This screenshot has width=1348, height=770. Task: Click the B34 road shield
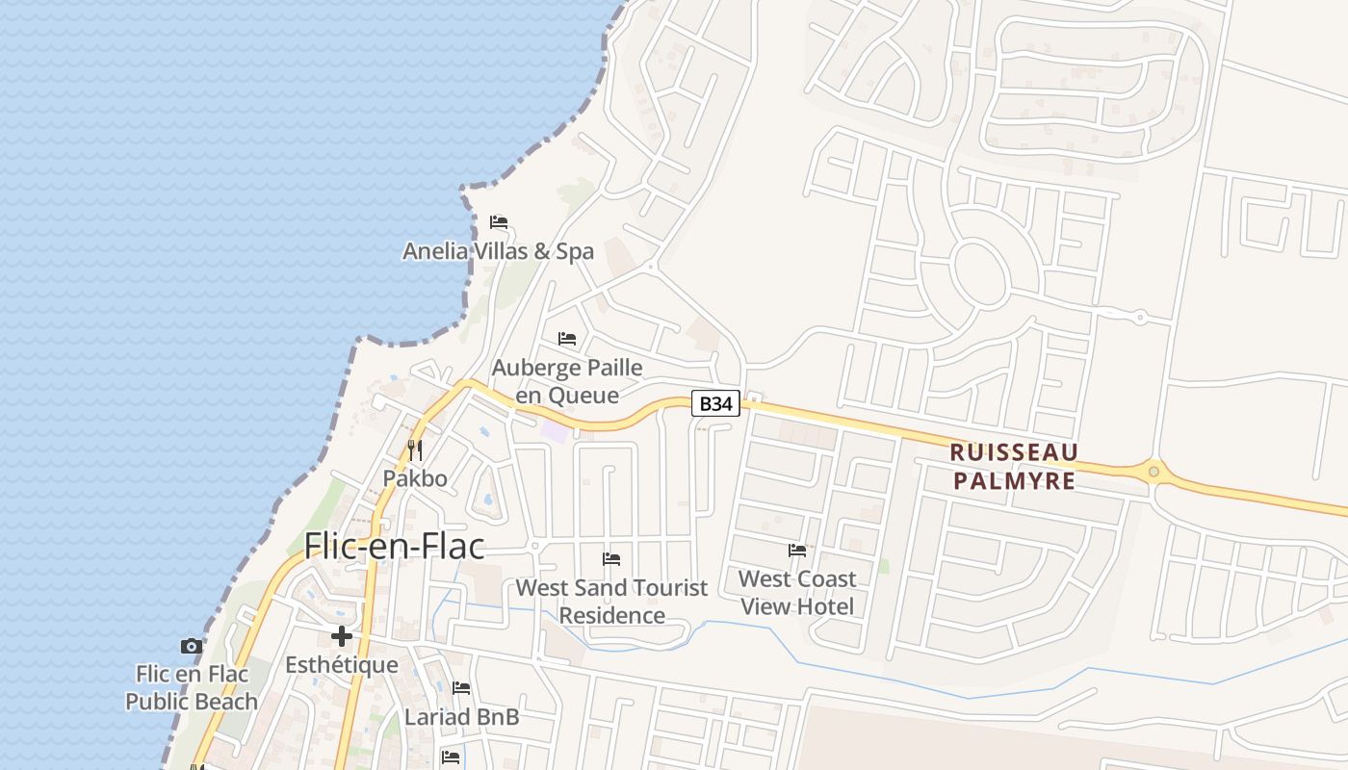715,404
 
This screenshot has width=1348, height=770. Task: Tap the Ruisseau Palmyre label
1013,466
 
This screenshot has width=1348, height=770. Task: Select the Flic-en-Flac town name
394,546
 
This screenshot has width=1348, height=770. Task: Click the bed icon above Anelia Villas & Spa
498,222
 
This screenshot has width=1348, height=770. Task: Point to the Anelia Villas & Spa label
498,251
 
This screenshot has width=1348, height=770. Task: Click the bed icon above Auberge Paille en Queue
567,339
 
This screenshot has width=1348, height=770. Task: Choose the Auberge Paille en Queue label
567,381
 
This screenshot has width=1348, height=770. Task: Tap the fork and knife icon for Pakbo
415,449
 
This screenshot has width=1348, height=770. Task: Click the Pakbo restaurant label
415,478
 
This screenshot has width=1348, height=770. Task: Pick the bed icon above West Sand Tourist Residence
611,559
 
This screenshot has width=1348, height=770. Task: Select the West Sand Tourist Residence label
611,602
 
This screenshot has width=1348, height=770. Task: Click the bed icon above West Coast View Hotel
797,551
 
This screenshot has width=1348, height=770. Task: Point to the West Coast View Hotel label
797,592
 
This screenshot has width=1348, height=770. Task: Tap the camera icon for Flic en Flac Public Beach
192,646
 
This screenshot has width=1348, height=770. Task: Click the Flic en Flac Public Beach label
192,687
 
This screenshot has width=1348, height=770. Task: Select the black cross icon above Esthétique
342,636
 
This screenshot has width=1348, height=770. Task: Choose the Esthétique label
342,665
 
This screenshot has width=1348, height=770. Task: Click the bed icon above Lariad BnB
461,688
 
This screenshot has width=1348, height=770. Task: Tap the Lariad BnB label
461,717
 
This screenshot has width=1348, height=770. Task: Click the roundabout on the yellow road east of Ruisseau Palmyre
1154,472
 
